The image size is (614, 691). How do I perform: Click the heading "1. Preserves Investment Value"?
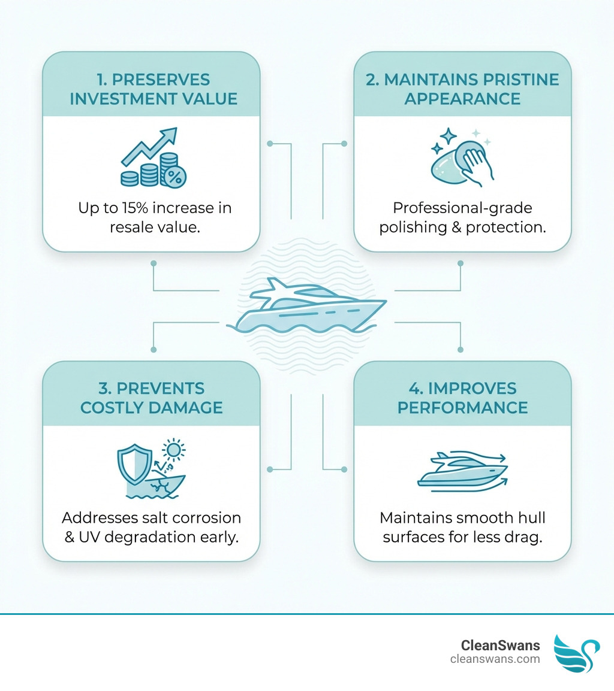tap(153, 89)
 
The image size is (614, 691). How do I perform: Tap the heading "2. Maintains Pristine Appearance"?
tap(462, 89)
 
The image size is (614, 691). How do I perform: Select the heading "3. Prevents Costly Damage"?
tap(151, 398)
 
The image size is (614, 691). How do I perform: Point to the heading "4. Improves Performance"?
tap(462, 398)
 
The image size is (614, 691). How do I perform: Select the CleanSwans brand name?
tap(500, 645)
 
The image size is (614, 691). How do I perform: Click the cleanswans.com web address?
tap(495, 659)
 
